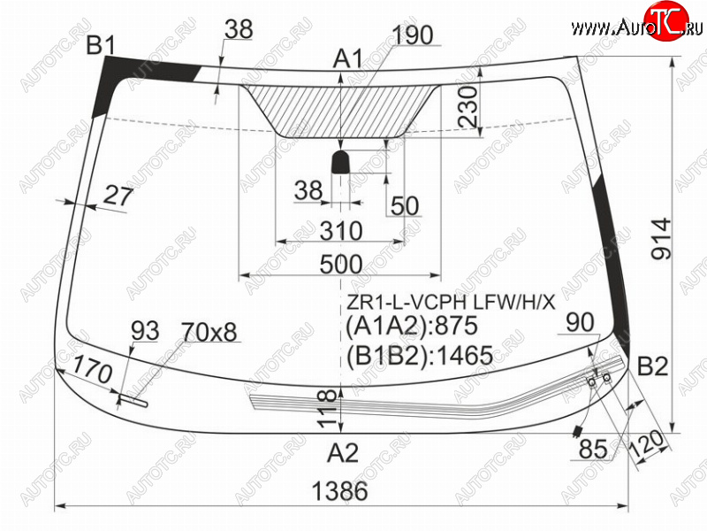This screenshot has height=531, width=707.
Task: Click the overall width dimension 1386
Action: pyautogui.click(x=339, y=491)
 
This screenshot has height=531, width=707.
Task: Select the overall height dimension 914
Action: pyautogui.click(x=661, y=239)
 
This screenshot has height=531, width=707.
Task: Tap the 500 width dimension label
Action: pyautogui.click(x=341, y=264)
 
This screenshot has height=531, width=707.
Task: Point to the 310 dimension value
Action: pyautogui.click(x=341, y=231)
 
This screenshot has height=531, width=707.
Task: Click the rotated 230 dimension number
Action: pyautogui.click(x=468, y=107)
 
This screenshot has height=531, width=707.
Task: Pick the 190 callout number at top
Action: pyautogui.click(x=413, y=35)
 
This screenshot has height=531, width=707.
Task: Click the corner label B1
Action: pyautogui.click(x=101, y=45)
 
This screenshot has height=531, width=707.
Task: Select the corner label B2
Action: pyautogui.click(x=652, y=366)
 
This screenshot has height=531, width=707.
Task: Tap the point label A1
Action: pyautogui.click(x=347, y=59)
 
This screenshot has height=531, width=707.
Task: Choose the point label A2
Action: pyautogui.click(x=343, y=452)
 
